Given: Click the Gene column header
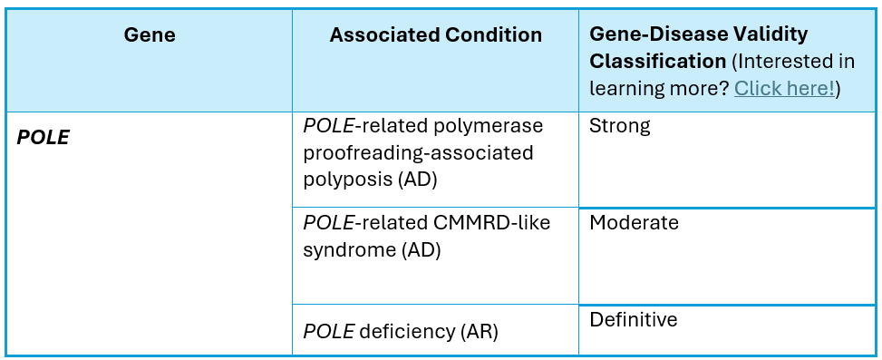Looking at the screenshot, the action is (x=150, y=34).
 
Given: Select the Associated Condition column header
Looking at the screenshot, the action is (x=435, y=34).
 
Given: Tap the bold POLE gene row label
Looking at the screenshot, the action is (x=43, y=138).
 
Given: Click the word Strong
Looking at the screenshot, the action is (x=619, y=126).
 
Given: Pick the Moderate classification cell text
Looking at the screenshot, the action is (x=634, y=223).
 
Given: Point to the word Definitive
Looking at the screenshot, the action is (x=634, y=319).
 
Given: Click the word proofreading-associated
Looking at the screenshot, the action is (x=418, y=153).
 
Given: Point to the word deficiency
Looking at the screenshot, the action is (x=406, y=332).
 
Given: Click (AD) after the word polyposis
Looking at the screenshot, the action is (x=417, y=180).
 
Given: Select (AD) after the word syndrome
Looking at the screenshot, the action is (x=422, y=250).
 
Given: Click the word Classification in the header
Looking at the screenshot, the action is (x=657, y=62).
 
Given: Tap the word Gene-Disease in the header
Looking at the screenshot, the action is (x=657, y=34).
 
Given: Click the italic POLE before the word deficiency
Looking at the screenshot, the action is (x=328, y=332).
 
